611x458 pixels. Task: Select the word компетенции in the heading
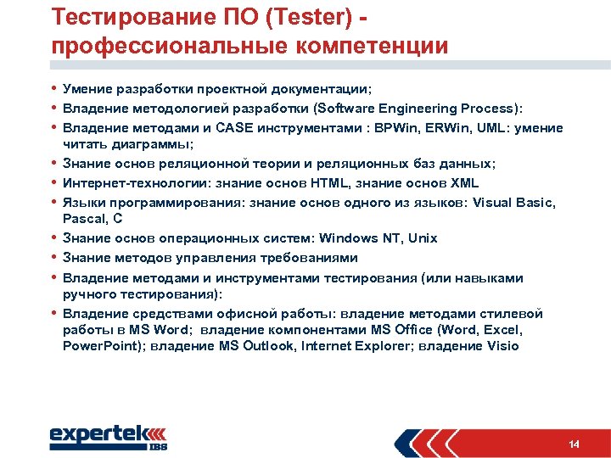[367, 46]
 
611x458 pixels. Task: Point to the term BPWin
[403, 128]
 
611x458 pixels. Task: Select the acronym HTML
[328, 182]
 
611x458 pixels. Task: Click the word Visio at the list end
[502, 346]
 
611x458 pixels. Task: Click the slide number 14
[574, 444]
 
